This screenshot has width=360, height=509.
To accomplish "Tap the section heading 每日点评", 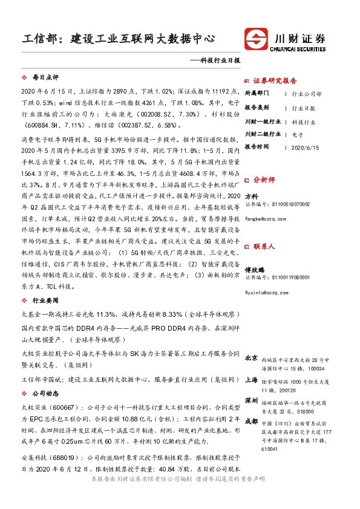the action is click(x=45, y=78).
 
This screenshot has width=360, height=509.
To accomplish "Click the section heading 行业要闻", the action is click(x=45, y=300).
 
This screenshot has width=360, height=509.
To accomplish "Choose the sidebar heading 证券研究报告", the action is click(x=275, y=80).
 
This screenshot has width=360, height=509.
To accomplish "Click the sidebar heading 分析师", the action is click(x=264, y=180).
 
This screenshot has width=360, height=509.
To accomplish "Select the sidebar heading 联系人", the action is click(x=264, y=247).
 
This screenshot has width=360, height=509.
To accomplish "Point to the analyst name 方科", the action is click(x=251, y=196).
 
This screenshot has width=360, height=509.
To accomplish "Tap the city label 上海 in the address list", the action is click(x=252, y=380).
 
